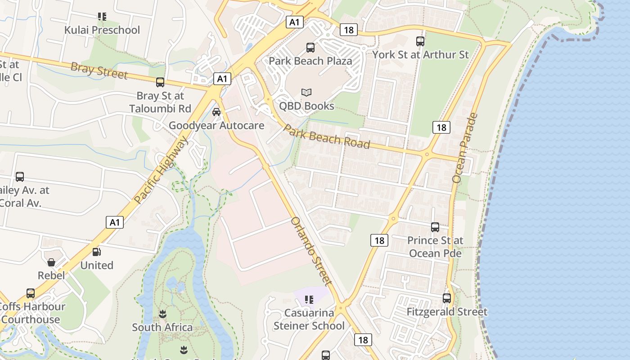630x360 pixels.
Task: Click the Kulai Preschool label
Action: coord(102,30)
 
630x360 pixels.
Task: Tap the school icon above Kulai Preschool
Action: coord(102,17)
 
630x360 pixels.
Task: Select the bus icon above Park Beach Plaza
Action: coord(310,47)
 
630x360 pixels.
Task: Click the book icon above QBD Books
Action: coord(306,93)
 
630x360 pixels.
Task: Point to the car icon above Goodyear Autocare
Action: coord(216,112)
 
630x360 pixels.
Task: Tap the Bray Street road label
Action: coord(99,71)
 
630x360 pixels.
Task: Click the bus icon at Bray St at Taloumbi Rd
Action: coord(160,82)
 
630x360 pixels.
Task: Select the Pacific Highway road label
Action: coord(161,170)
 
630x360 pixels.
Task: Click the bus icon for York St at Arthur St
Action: coord(420,41)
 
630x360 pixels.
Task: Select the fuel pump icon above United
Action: coord(96,252)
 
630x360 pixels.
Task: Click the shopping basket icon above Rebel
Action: coord(51,262)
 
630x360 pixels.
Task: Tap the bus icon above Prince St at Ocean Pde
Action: coord(435,227)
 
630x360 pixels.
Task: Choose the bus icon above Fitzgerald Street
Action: coord(446,298)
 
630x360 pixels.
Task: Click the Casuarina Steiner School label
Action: coord(309,319)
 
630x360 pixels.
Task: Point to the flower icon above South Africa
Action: coord(162,314)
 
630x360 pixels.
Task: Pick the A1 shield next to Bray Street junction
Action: coord(222,79)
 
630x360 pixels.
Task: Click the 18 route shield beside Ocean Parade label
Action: coord(441,127)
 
